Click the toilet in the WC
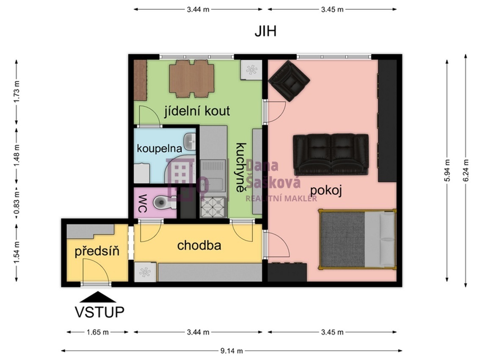[x=162, y=202]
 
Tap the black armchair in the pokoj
[x=289, y=81]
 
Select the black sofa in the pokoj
[x=331, y=155]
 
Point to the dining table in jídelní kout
[x=192, y=79]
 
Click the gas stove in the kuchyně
[x=213, y=207]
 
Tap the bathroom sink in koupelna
[x=190, y=142]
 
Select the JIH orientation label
[x=265, y=31]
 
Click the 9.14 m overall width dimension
[x=232, y=351]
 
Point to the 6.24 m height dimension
[x=466, y=170]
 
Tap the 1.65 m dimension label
[x=98, y=332]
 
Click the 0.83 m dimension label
[x=17, y=203]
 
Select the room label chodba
[x=199, y=245]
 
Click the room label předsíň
[x=97, y=251]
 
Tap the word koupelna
[x=160, y=149]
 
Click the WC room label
[x=142, y=203]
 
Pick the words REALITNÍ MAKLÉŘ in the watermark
[x=281, y=199]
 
